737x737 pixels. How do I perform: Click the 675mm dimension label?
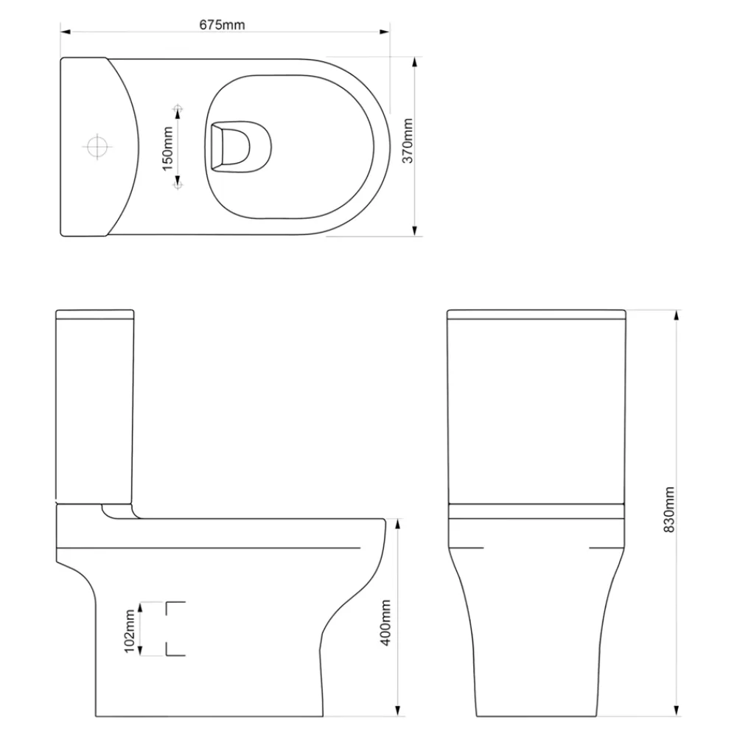point(222,24)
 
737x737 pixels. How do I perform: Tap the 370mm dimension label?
point(408,141)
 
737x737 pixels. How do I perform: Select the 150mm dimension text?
point(168,149)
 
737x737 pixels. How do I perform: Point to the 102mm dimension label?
point(129,632)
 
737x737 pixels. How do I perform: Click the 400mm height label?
point(385,623)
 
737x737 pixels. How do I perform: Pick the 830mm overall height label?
point(668,510)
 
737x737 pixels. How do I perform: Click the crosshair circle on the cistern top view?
point(97,147)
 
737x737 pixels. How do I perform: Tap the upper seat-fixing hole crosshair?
point(178,110)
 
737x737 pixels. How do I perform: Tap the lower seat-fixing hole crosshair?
point(178,185)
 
